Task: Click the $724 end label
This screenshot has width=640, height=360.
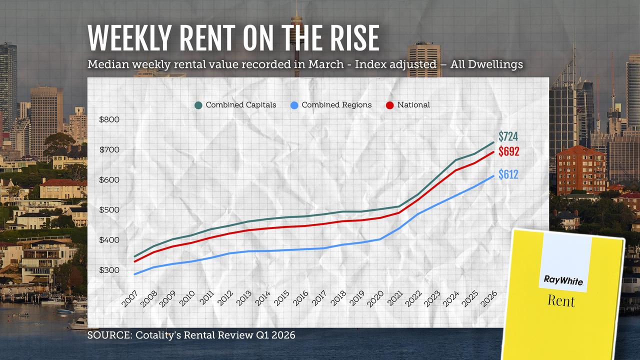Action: click(508, 136)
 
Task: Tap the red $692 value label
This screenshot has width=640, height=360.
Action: click(508, 151)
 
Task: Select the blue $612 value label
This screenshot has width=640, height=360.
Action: click(508, 175)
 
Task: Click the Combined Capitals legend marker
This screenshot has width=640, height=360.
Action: click(198, 105)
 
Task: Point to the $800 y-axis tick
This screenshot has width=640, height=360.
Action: click(109, 119)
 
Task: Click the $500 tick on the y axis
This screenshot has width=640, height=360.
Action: click(109, 210)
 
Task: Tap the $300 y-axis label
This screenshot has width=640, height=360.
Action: click(109, 270)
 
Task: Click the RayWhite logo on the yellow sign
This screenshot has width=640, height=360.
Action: click(563, 281)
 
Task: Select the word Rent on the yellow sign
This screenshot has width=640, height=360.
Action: click(560, 301)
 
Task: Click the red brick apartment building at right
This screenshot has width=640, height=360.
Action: click(580, 170)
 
